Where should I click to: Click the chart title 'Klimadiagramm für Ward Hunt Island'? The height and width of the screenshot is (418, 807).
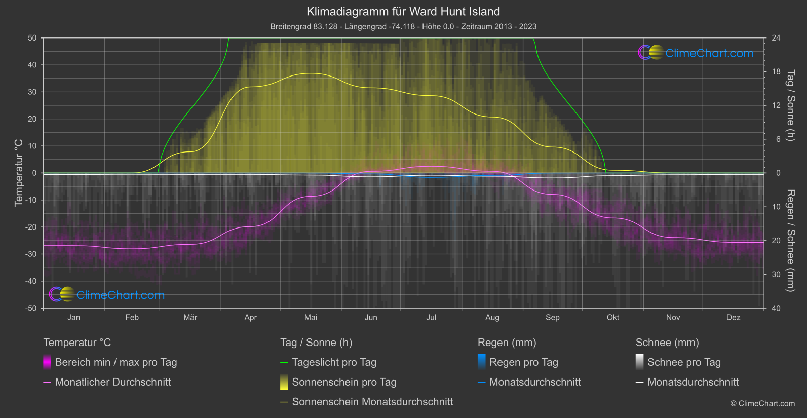click(403, 12)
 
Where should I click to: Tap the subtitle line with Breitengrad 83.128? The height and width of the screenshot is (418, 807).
click(403, 26)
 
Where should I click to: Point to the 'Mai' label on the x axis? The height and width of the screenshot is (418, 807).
click(311, 318)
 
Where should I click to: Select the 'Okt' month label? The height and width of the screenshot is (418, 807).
click(613, 318)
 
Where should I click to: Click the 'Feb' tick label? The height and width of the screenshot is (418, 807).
click(132, 318)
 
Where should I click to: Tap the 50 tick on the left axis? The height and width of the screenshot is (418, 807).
click(32, 38)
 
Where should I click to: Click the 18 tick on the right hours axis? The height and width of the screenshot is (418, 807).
click(776, 72)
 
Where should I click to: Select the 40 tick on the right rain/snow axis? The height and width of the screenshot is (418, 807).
click(776, 308)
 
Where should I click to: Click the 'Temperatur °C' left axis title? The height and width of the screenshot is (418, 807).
click(19, 173)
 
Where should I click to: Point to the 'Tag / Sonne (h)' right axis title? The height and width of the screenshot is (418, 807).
click(790, 105)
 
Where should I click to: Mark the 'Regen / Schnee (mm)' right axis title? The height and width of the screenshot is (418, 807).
click(790, 241)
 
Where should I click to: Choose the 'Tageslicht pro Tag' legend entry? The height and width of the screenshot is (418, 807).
click(334, 362)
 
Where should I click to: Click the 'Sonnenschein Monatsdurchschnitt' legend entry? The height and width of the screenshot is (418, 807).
click(372, 402)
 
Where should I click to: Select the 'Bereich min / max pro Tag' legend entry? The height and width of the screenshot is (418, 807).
click(116, 362)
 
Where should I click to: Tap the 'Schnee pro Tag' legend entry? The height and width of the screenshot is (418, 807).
click(684, 362)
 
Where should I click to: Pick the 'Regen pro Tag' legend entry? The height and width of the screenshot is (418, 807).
click(523, 362)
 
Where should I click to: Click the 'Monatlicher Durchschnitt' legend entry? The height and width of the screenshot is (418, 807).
click(112, 382)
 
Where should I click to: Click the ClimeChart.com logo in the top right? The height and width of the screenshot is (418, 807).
click(696, 53)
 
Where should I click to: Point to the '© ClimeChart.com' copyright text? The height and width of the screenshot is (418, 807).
click(762, 404)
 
